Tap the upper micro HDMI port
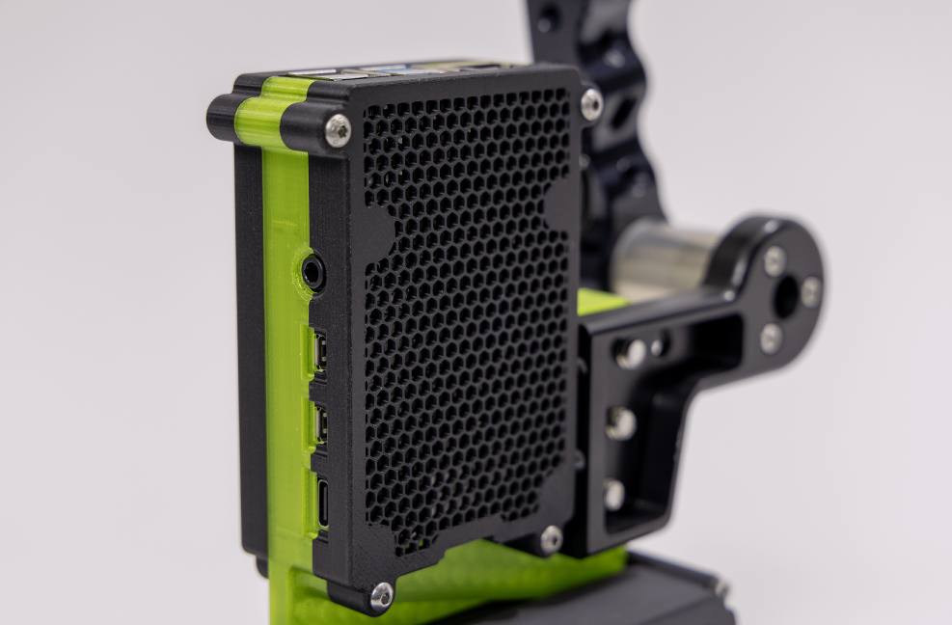318,352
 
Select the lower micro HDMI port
319,422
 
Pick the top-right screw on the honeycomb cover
591,103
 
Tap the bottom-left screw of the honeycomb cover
382,595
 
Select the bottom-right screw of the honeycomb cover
551,539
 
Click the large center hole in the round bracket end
786,297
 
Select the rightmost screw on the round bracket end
811,291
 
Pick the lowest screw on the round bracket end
771,338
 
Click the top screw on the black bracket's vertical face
632,354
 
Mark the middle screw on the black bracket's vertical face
620,422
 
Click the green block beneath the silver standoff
600,302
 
